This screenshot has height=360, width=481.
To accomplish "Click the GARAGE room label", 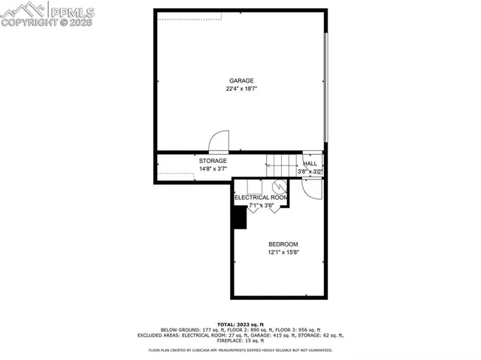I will click(241, 81).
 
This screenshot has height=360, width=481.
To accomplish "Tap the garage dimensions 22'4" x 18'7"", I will click(241, 89).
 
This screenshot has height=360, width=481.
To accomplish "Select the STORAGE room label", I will click(213, 161).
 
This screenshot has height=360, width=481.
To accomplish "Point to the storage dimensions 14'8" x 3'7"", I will click(213, 169).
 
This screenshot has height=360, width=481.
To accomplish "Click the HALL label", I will click(310, 163).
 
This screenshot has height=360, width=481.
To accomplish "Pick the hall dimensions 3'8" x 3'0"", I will click(310, 171).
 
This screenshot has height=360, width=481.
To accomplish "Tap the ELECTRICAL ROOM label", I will click(261, 198).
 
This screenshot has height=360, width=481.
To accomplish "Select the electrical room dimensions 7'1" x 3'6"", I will click(261, 205).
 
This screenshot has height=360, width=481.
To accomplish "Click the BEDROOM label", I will click(283, 244).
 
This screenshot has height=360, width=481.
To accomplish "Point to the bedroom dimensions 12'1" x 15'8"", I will click(283, 253).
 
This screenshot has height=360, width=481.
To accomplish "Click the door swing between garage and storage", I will click(219, 141).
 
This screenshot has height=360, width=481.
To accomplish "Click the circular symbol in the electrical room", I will click(278, 187).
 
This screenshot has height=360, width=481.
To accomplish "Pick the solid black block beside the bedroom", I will click(240, 216).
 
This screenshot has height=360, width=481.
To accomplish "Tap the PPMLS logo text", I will click(71, 11).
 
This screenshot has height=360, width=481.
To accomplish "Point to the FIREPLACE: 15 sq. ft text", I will click(240, 341).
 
